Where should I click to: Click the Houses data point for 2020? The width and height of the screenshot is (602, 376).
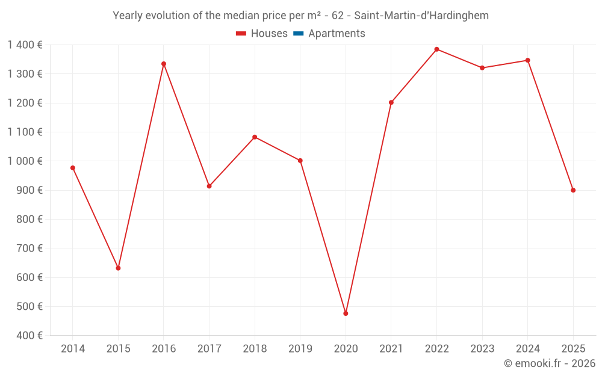346,313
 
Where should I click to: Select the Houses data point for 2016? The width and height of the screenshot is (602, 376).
164,64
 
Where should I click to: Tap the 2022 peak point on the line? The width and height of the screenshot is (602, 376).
436,49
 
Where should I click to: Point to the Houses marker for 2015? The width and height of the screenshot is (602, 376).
118,268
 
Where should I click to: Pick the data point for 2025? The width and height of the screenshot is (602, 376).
573,190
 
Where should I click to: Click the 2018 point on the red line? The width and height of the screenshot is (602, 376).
255,137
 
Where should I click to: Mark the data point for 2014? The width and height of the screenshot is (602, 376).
73,168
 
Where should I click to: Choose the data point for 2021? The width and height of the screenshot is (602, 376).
391,102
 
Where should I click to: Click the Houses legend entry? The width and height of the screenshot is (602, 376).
262,34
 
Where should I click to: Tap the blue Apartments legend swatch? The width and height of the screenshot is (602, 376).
298,34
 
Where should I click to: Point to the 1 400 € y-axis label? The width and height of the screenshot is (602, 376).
25,45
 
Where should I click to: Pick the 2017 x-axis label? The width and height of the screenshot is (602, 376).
209,349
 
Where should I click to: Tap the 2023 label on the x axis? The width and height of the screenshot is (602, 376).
482,349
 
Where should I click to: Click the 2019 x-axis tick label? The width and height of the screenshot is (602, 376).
300,349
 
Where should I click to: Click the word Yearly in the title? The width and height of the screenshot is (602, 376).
129,16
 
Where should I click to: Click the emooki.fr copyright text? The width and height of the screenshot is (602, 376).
550,363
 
